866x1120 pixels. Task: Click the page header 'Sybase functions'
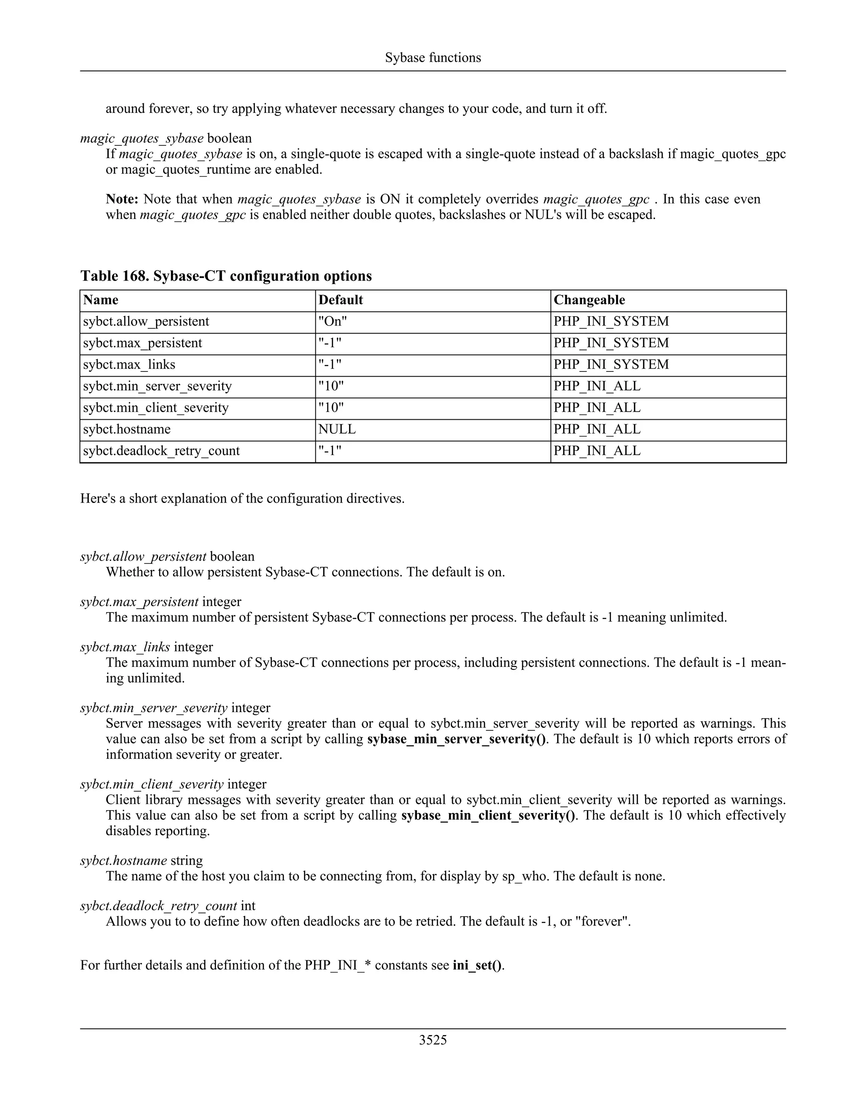(433, 57)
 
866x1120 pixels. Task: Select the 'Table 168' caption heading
(226, 276)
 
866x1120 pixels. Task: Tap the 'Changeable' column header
(589, 300)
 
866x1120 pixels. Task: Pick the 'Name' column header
(101, 300)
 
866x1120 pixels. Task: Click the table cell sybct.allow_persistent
(146, 322)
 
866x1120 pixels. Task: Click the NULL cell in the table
(337, 429)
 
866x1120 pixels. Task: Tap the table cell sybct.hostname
(127, 429)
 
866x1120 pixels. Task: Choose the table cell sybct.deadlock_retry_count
(161, 451)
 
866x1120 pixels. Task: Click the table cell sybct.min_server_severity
(157, 386)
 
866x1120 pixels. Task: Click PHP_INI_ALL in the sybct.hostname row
(597, 429)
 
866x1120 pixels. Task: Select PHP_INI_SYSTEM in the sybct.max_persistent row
(611, 343)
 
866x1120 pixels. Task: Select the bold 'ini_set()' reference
(477, 965)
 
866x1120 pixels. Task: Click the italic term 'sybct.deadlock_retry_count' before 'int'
(159, 906)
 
